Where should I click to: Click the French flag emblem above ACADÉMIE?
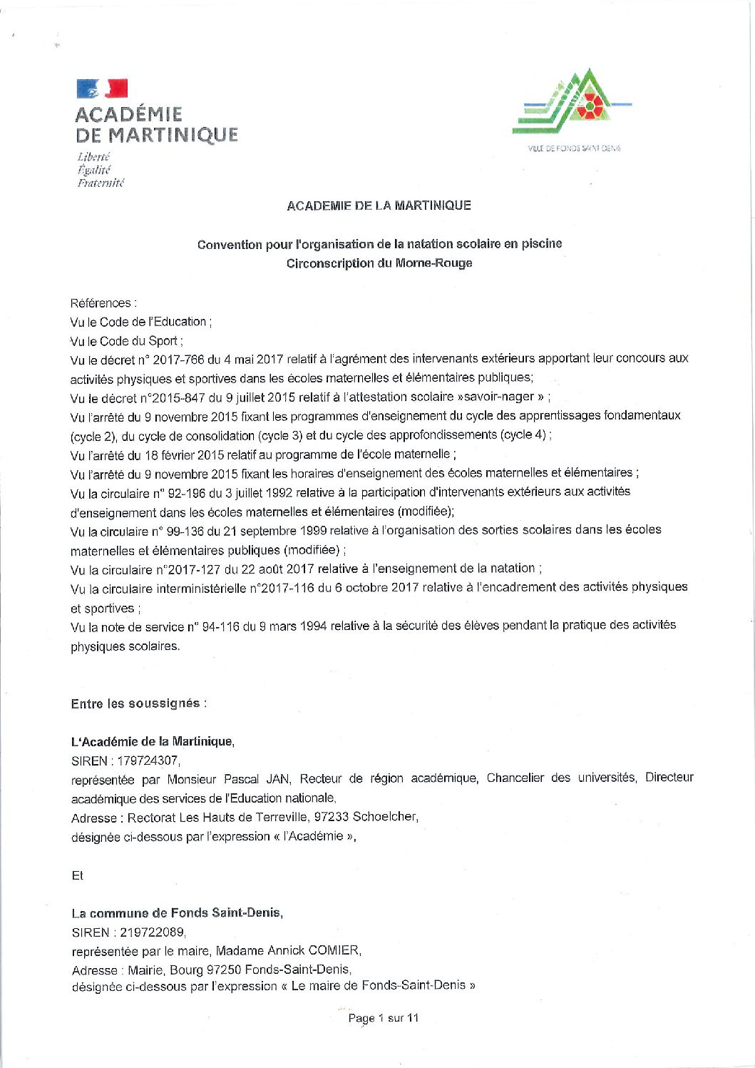pos(102,88)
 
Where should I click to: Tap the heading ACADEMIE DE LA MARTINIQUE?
pos(379,205)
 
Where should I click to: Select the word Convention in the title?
pos(230,245)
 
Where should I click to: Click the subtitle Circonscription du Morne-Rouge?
pos(379,263)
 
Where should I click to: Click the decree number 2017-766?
pos(179,358)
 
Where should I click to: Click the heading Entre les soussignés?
pos(138,703)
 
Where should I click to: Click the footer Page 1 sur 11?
pos(383,1018)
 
